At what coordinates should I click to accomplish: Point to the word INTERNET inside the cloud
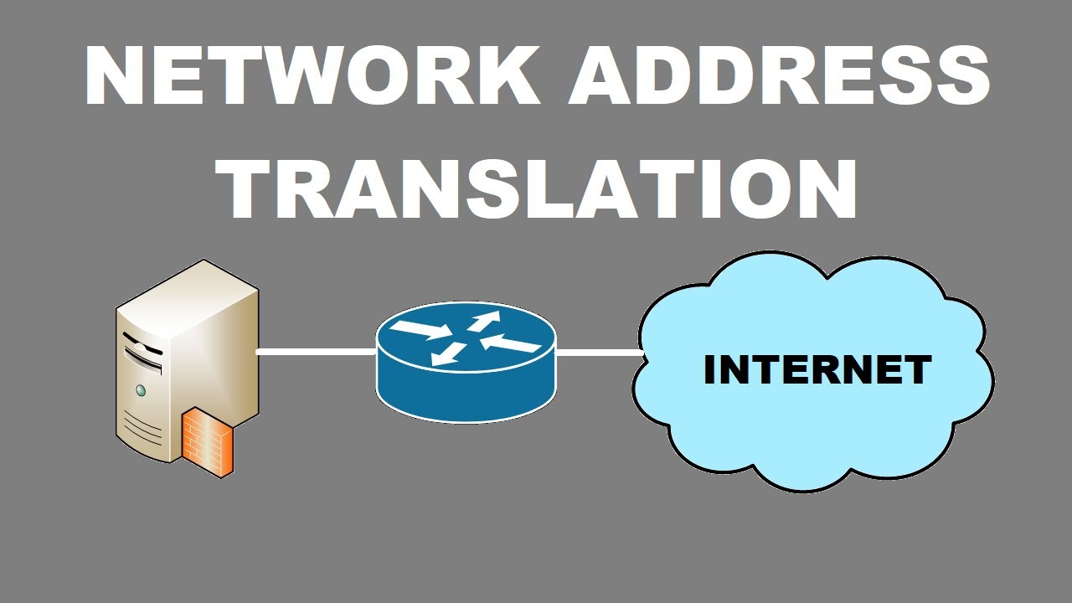click(x=817, y=370)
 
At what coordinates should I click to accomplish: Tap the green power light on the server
click(x=141, y=389)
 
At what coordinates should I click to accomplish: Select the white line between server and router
click(x=316, y=352)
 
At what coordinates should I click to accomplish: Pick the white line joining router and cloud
click(x=598, y=353)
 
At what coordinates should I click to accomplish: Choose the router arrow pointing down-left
click(x=448, y=353)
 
